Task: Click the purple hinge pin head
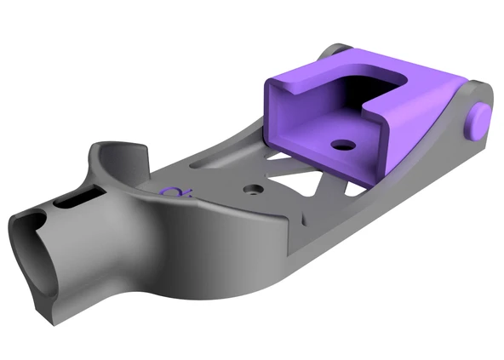pos(479,119)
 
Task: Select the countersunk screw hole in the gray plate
pos(253,187)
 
